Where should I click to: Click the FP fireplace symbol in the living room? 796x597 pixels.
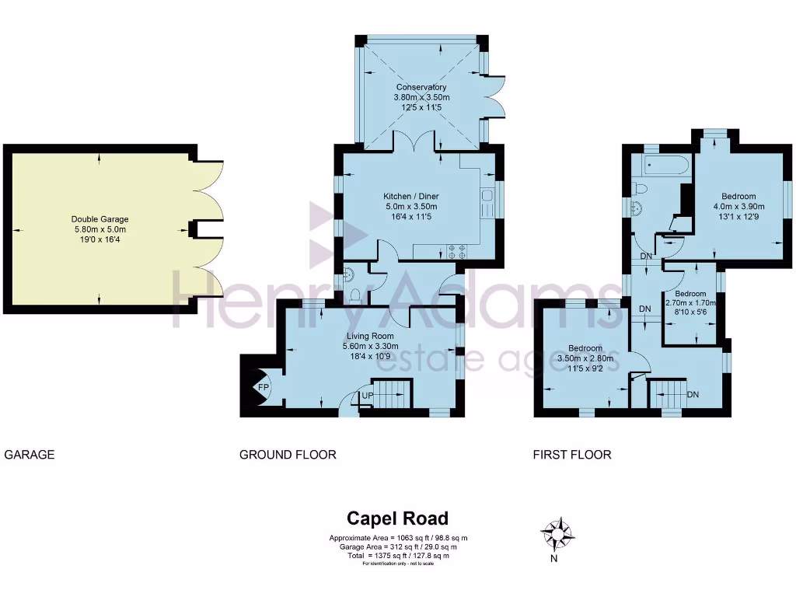pyautogui.click(x=263, y=386)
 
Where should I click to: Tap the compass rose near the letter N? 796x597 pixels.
pyautogui.click(x=557, y=535)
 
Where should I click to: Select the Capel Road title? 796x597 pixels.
pyautogui.click(x=397, y=518)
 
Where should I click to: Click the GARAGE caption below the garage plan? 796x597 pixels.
pyautogui.click(x=30, y=455)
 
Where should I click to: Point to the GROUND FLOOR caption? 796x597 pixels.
pyautogui.click(x=288, y=455)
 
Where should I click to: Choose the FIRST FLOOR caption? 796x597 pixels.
pyautogui.click(x=571, y=455)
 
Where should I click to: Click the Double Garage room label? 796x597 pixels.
pyautogui.click(x=99, y=219)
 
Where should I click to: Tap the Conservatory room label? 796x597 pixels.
pyautogui.click(x=421, y=87)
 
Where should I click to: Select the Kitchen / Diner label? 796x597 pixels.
pyautogui.click(x=411, y=196)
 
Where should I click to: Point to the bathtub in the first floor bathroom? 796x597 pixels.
pyautogui.click(x=661, y=165)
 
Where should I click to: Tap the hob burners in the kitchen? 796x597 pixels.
pyautogui.click(x=456, y=251)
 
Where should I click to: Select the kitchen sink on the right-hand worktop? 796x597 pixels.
pyautogui.click(x=488, y=204)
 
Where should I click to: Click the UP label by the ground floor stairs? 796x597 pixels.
pyautogui.click(x=366, y=396)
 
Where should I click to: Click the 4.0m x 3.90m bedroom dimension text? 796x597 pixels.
pyautogui.click(x=739, y=207)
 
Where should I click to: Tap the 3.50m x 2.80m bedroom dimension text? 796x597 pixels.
pyautogui.click(x=585, y=358)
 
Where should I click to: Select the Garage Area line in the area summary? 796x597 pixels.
pyautogui.click(x=398, y=547)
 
